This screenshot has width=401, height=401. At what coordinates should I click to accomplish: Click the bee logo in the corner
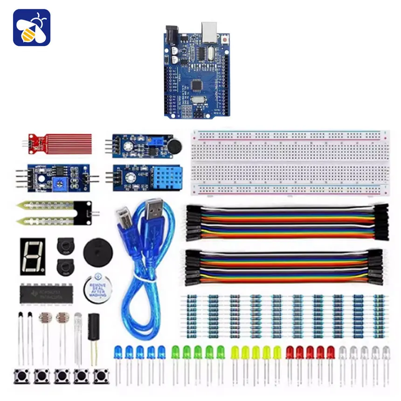click(31, 28)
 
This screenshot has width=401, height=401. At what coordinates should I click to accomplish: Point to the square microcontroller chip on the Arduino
click(197, 85)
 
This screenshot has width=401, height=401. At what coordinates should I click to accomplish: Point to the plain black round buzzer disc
click(98, 252)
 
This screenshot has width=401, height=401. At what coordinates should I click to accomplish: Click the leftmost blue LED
click(118, 352)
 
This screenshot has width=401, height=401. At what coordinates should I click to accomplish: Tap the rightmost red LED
click(331, 352)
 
